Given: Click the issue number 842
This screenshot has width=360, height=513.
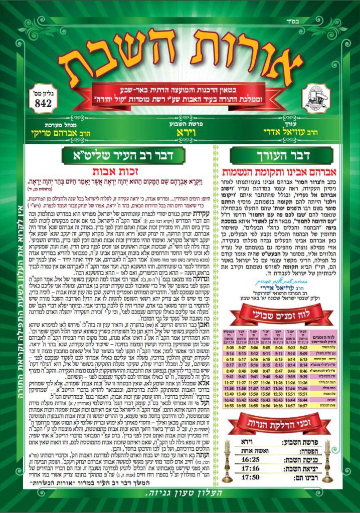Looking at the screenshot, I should click(x=44, y=102).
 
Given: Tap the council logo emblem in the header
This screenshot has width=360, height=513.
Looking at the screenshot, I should click(x=315, y=98).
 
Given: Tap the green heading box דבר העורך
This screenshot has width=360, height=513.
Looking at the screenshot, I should click(x=287, y=156).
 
